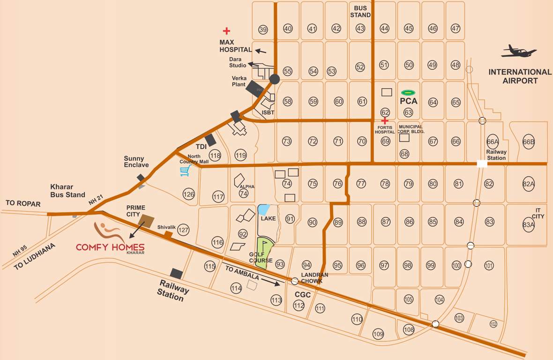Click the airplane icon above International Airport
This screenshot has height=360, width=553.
(518, 52)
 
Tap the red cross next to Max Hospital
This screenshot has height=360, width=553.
(226, 31)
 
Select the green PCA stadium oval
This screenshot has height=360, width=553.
(408, 92)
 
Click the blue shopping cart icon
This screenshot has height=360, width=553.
(186, 171)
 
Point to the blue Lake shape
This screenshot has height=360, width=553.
(264, 209)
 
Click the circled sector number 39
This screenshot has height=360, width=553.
(263, 30)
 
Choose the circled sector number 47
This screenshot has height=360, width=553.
(456, 29)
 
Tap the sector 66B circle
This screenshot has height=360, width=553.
(529, 142)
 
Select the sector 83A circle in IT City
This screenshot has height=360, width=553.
(529, 225)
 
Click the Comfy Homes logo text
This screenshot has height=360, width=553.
(110, 247)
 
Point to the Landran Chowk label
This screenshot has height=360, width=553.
(315, 277)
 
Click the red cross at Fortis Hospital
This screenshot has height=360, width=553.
(385, 120)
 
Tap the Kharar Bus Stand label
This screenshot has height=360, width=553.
(68, 191)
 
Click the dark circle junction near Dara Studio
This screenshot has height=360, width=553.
(275, 79)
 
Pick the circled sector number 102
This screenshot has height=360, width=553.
(493, 324)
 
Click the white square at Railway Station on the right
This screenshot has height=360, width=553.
(482, 164)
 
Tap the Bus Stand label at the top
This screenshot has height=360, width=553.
(361, 12)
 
